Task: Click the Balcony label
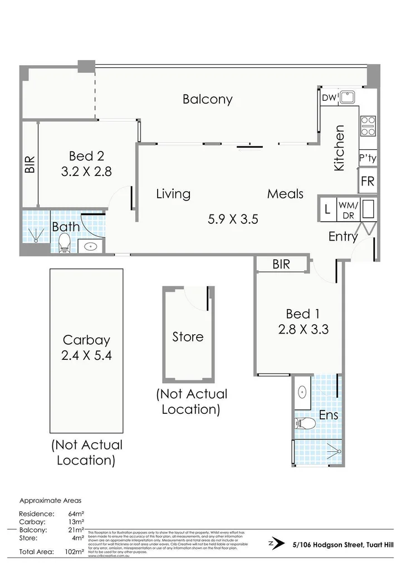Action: click(x=207, y=100)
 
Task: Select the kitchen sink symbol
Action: click(x=349, y=97)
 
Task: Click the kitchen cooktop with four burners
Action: click(x=368, y=126)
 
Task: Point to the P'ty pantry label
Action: click(x=368, y=158)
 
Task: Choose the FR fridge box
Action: click(x=368, y=181)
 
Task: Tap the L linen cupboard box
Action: click(x=328, y=209)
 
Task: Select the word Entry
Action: click(x=343, y=237)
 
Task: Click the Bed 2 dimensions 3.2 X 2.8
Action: click(x=86, y=172)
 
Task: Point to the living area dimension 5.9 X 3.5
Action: click(x=233, y=219)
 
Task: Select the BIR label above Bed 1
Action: click(x=282, y=265)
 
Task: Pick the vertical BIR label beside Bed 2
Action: click(x=30, y=164)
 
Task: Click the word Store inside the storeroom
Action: click(x=188, y=337)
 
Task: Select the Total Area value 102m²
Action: click(x=75, y=552)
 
